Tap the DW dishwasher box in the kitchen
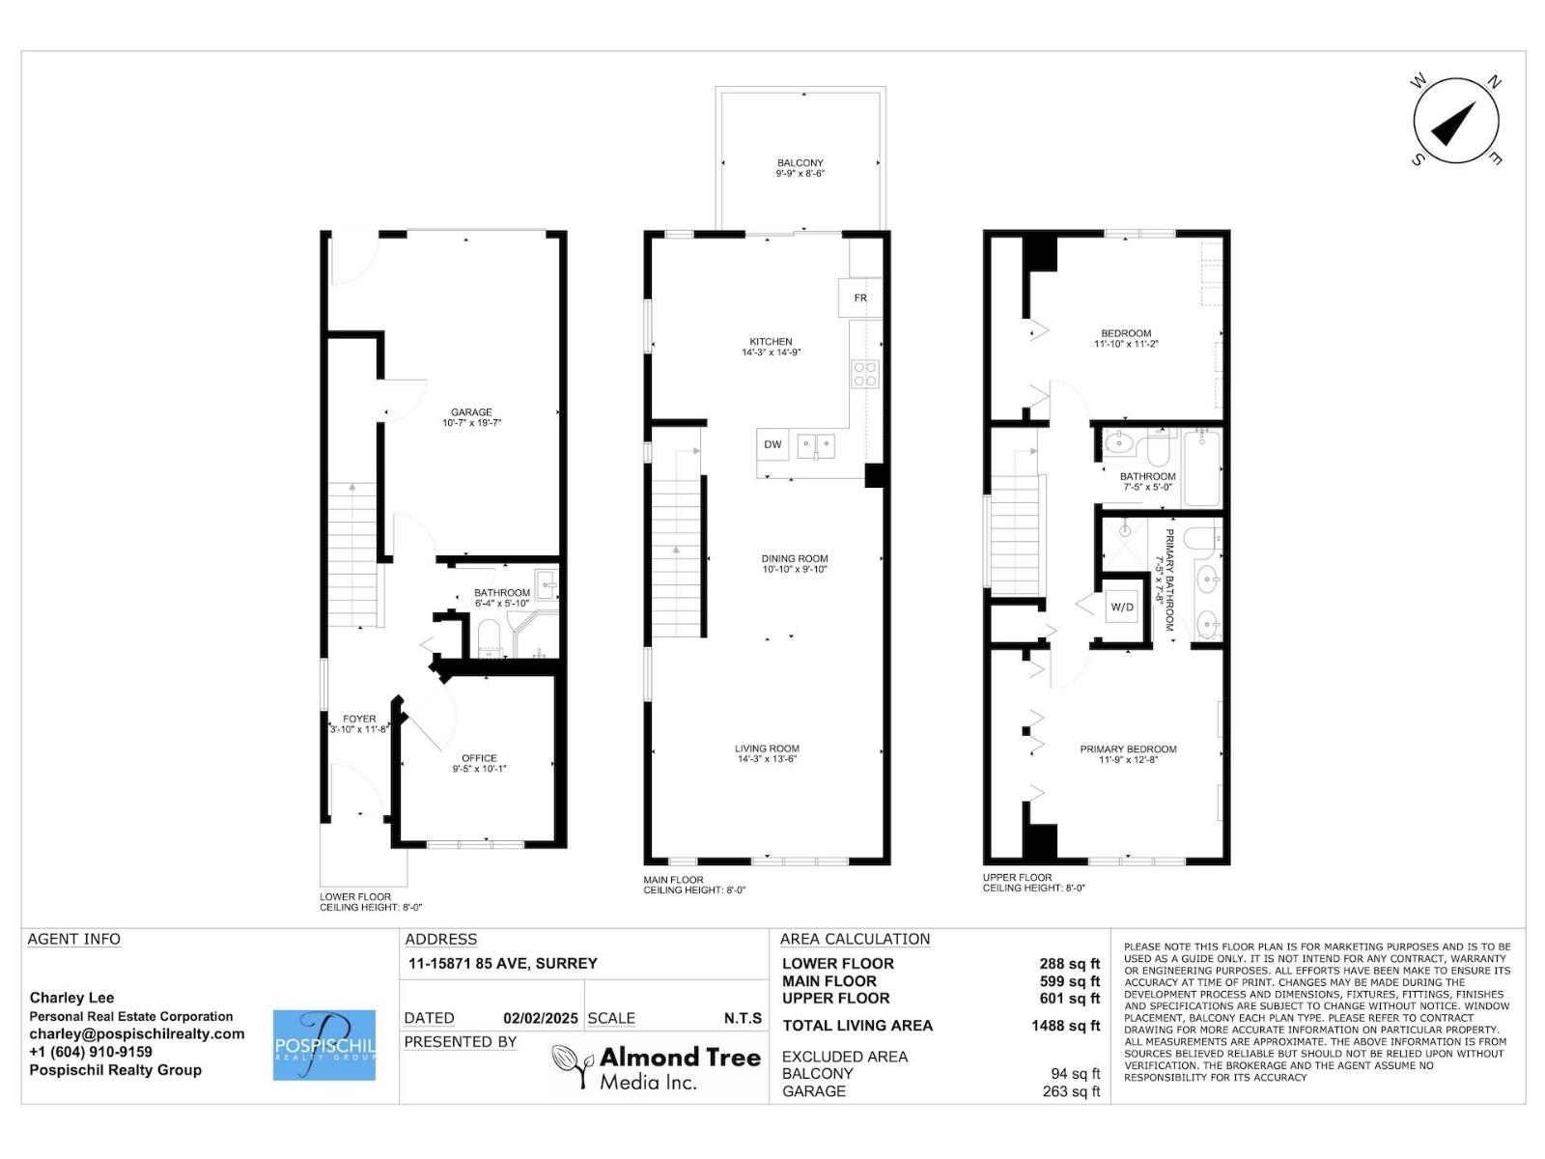point(772,444)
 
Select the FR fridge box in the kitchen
point(859,297)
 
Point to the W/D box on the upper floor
point(1122,607)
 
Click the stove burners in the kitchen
point(864,374)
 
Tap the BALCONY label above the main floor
point(801,162)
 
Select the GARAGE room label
point(471,412)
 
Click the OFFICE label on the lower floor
point(479,758)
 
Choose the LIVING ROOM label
point(768,749)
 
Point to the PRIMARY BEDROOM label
point(1128,749)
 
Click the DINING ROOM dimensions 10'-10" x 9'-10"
point(795,569)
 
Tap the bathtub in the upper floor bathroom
point(1203,468)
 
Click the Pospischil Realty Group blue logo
point(323,1045)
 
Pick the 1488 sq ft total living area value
point(1066,1026)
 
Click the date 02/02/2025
point(541,1018)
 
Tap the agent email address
point(136,1034)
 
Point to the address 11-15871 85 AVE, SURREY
point(502,963)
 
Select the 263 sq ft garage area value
point(1071,1091)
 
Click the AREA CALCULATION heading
point(855,939)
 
